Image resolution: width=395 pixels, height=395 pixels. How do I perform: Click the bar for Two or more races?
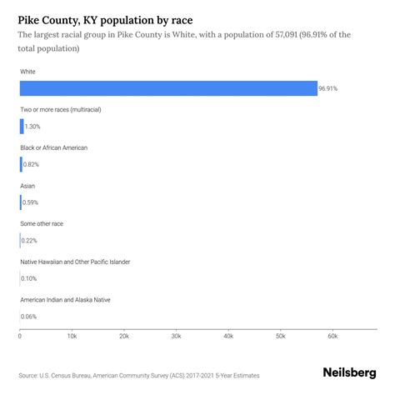(x=22, y=126)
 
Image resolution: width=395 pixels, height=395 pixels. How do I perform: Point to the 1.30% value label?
(x=32, y=126)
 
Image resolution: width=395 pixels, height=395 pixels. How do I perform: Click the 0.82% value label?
(x=31, y=164)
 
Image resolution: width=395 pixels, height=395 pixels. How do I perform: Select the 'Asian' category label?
(x=27, y=186)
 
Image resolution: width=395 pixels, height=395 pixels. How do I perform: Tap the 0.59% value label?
(x=30, y=202)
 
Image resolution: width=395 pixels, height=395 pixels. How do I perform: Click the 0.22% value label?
(x=29, y=241)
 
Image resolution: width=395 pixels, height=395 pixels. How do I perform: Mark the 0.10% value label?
(x=29, y=278)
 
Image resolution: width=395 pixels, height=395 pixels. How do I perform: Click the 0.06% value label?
(x=29, y=317)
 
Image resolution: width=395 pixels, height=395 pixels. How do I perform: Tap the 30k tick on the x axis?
(x=176, y=336)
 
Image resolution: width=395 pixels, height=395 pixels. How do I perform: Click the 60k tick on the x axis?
(x=332, y=336)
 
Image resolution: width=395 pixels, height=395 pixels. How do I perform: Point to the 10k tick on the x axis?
(x=72, y=336)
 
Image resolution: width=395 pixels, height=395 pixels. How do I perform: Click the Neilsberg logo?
(x=348, y=374)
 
